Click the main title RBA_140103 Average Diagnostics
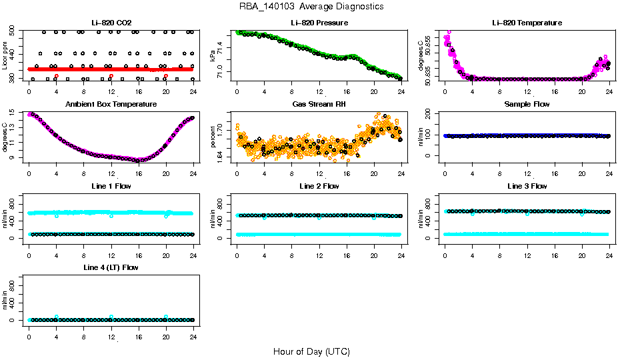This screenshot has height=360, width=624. (312, 7)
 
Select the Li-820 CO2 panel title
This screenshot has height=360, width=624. (111, 23)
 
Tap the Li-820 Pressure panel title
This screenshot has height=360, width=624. (319, 23)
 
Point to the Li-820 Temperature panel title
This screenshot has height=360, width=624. (527, 23)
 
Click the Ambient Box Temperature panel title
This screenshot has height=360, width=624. (111, 105)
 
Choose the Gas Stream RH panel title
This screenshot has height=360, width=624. (319, 105)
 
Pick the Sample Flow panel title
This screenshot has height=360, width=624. (527, 105)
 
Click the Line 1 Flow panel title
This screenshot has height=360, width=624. (111, 186)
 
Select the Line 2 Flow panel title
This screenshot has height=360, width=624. (319, 186)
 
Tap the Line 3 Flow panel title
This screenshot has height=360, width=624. (527, 186)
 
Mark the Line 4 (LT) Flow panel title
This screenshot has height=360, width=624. (111, 267)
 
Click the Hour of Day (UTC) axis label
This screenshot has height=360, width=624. (311, 351)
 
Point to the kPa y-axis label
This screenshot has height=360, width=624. (213, 56)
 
